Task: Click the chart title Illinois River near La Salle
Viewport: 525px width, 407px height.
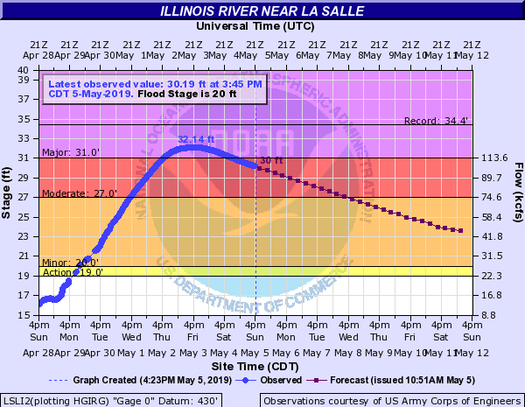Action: coord(262,11)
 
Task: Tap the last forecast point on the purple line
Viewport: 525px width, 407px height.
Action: coord(461,231)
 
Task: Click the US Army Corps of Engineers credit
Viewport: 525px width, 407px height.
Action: coord(392,400)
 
